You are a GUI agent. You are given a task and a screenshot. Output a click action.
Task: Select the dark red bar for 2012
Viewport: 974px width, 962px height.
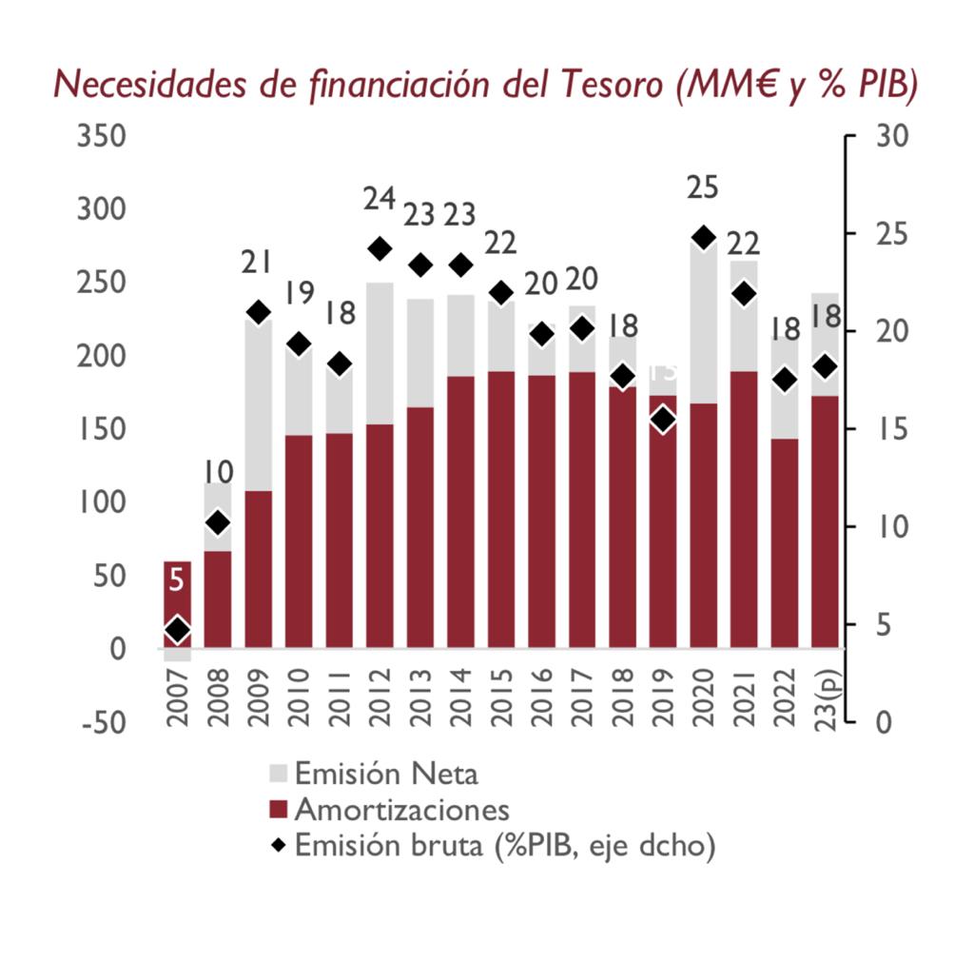pos(380,535)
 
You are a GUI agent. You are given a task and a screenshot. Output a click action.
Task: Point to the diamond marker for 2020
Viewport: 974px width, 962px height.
pos(703,238)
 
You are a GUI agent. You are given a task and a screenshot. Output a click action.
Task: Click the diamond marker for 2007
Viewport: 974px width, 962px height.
pos(177,629)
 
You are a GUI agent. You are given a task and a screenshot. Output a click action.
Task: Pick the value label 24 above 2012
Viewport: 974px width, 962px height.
pos(380,199)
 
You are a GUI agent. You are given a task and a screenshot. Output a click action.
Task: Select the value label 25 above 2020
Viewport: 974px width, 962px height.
pos(703,188)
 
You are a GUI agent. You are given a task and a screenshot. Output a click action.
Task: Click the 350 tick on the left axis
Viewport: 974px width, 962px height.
pos(101,136)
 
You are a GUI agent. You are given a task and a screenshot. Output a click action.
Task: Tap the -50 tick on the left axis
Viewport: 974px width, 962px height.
pos(101,722)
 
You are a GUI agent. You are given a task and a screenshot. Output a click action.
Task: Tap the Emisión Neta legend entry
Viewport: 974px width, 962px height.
pos(386,773)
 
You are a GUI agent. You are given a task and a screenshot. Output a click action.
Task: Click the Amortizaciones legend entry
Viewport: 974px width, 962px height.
pos(401,810)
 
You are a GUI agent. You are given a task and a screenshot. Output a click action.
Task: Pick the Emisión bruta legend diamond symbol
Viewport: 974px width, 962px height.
pos(278,845)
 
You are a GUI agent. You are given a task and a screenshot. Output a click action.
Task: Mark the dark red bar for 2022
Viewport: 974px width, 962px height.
pos(785,542)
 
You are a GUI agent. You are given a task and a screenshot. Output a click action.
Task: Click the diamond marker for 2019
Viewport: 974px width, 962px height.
pos(663,419)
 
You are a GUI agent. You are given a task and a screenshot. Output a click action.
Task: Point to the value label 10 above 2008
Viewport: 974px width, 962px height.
pos(219,472)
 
